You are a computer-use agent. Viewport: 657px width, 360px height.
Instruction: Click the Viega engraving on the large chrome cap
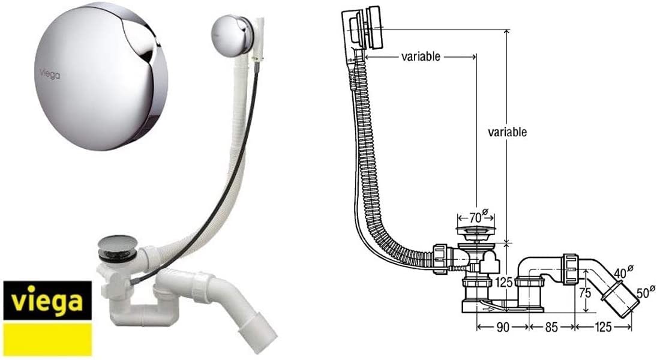[x=49, y=74]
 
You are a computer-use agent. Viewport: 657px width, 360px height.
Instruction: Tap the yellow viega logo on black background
[x=47, y=301]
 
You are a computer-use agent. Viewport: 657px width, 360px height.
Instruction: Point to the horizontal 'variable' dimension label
[x=421, y=56]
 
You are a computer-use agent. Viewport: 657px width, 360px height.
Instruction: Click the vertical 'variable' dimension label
[x=508, y=132]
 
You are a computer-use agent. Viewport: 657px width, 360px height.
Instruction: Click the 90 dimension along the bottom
[x=502, y=328]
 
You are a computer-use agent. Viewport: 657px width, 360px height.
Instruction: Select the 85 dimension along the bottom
[x=552, y=328]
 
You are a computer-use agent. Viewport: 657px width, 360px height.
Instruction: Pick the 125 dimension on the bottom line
[x=604, y=328]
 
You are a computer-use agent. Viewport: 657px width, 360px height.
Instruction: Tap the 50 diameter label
[x=646, y=292]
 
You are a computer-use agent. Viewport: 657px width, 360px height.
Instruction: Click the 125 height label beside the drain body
[x=503, y=282]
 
